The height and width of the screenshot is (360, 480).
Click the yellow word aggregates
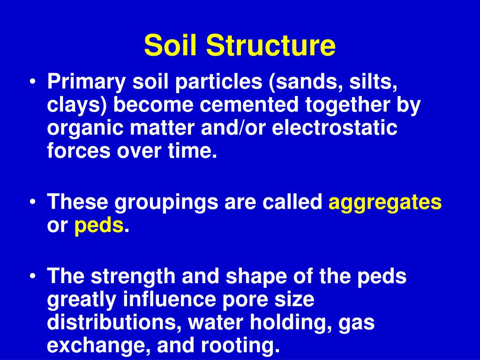(385, 203)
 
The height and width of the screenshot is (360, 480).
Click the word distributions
(111, 323)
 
